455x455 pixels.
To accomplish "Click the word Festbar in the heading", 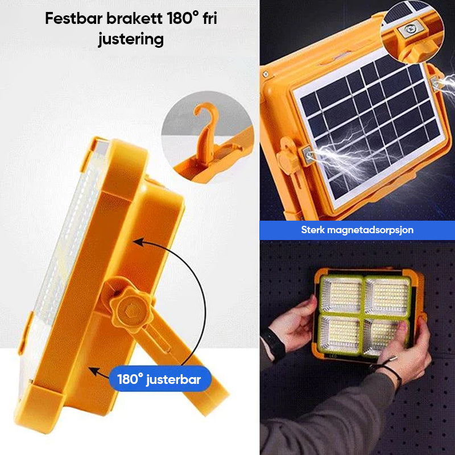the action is point(74,19).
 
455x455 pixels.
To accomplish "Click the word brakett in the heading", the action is point(135,19).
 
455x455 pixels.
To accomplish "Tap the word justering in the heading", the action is point(131,40).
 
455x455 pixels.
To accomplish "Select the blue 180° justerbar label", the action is point(160,379).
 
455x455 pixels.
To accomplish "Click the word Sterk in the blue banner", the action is point(312,230).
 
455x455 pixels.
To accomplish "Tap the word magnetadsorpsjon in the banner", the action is point(370,230).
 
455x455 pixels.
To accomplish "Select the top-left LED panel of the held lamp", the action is point(342,295).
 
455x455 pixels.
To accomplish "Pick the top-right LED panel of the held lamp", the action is point(387,296).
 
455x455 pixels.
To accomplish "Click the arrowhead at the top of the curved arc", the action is point(139,242).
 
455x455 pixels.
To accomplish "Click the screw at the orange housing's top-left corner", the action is point(266,75).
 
